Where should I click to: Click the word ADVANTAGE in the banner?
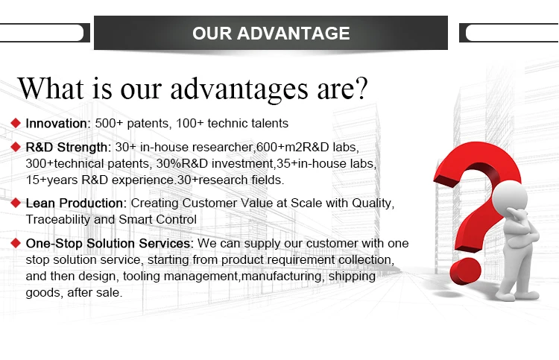point(293,33)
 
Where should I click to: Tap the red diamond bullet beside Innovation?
point(16,123)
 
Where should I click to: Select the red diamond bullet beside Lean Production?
point(16,203)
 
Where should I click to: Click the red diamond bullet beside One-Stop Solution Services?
point(16,243)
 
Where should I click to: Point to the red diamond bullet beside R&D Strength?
point(16,147)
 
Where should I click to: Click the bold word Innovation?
point(57,123)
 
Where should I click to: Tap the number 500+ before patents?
point(109,123)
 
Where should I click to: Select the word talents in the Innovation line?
point(270,123)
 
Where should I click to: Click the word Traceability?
point(57,220)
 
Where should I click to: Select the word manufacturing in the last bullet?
point(282,277)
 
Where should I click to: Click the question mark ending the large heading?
point(361,88)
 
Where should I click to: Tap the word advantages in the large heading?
point(239,89)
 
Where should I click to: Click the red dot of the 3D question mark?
point(465,271)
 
